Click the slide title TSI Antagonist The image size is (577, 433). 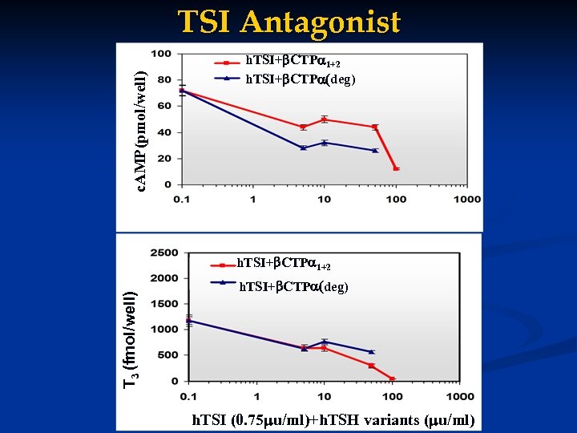(x=288, y=22)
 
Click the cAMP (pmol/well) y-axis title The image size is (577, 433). (x=140, y=132)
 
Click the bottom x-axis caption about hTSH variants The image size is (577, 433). (x=333, y=420)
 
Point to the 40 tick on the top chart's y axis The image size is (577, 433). (x=163, y=132)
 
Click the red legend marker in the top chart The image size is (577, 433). (x=227, y=62)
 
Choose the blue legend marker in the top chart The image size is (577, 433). (x=227, y=78)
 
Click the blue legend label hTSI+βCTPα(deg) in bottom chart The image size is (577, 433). (x=294, y=287)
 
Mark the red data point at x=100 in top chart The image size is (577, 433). (x=396, y=168)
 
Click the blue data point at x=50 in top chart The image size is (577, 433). (x=374, y=150)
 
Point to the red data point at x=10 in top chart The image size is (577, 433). (x=324, y=119)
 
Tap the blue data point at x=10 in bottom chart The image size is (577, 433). (x=324, y=342)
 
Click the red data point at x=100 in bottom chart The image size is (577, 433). (x=393, y=378)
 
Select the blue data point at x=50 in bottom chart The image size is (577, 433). (x=371, y=352)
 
